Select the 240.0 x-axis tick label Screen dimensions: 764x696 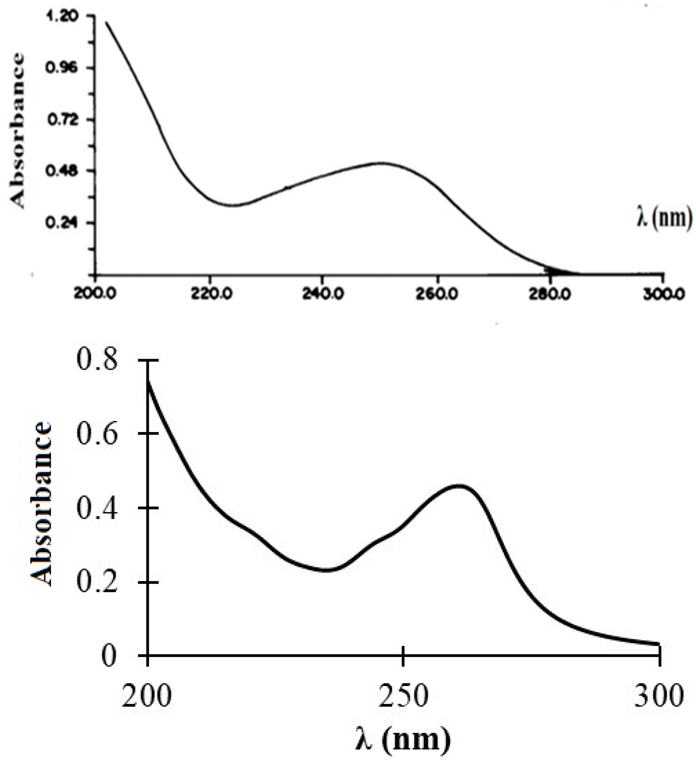point(323,294)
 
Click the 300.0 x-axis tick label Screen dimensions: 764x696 point(663,294)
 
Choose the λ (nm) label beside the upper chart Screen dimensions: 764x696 point(664,219)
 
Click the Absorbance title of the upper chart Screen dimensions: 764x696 point(17,131)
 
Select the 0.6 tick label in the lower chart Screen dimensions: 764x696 point(97,434)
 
